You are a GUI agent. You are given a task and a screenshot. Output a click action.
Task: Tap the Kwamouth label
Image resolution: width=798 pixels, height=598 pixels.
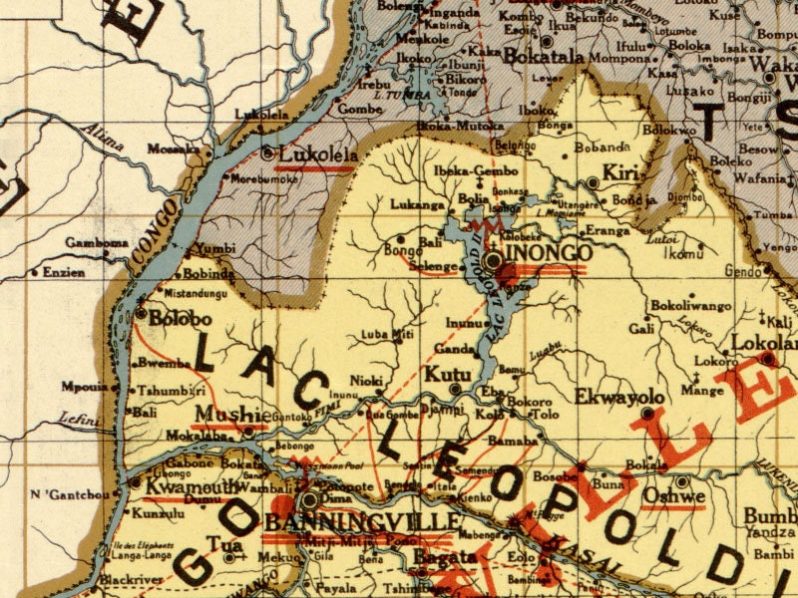coord(185,486)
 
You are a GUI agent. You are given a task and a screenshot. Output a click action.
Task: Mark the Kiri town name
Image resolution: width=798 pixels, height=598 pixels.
coord(620,170)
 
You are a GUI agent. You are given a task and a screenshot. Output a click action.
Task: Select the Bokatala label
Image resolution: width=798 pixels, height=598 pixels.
coord(544,57)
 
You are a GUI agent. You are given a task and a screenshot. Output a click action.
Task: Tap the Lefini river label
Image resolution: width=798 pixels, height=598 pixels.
coord(79,420)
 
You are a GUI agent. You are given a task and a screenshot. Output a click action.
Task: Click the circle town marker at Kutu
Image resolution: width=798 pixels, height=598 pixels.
coord(455,390)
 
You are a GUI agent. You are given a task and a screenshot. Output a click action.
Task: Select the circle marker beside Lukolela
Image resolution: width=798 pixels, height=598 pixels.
coord(267,153)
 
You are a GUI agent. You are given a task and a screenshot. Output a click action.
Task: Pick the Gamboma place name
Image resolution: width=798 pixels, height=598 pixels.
coord(91,242)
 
